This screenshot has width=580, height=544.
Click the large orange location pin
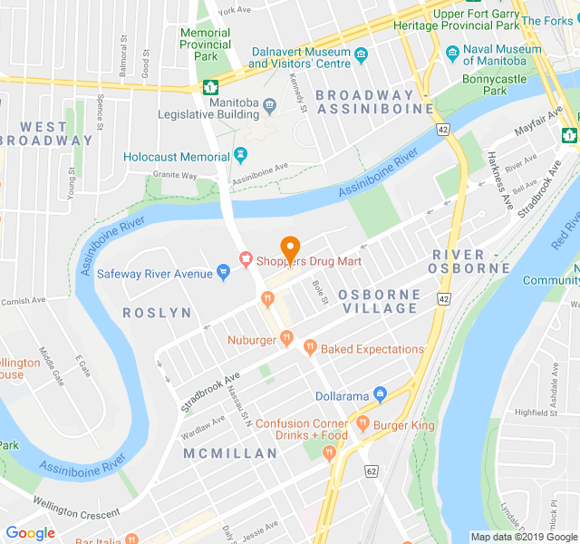tap(290, 246)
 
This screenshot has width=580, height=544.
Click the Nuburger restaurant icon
tap(286, 339)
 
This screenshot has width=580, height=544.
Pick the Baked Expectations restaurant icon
tap(310, 348)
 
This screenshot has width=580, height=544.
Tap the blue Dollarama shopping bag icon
tap(380, 395)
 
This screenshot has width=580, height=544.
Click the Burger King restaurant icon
tap(362, 423)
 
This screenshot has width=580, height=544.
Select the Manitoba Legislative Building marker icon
tap(269, 108)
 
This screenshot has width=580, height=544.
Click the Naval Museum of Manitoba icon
tap(452, 53)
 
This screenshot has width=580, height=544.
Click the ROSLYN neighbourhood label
tap(157, 313)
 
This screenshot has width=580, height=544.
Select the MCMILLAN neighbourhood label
tap(230, 452)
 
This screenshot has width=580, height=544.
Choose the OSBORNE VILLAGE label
tap(379, 301)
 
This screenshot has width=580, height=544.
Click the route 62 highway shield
tap(372, 471)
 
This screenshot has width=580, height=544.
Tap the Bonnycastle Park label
tap(507, 84)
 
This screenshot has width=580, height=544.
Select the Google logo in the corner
tap(30, 533)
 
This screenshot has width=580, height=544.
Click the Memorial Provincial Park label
tap(205, 44)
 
